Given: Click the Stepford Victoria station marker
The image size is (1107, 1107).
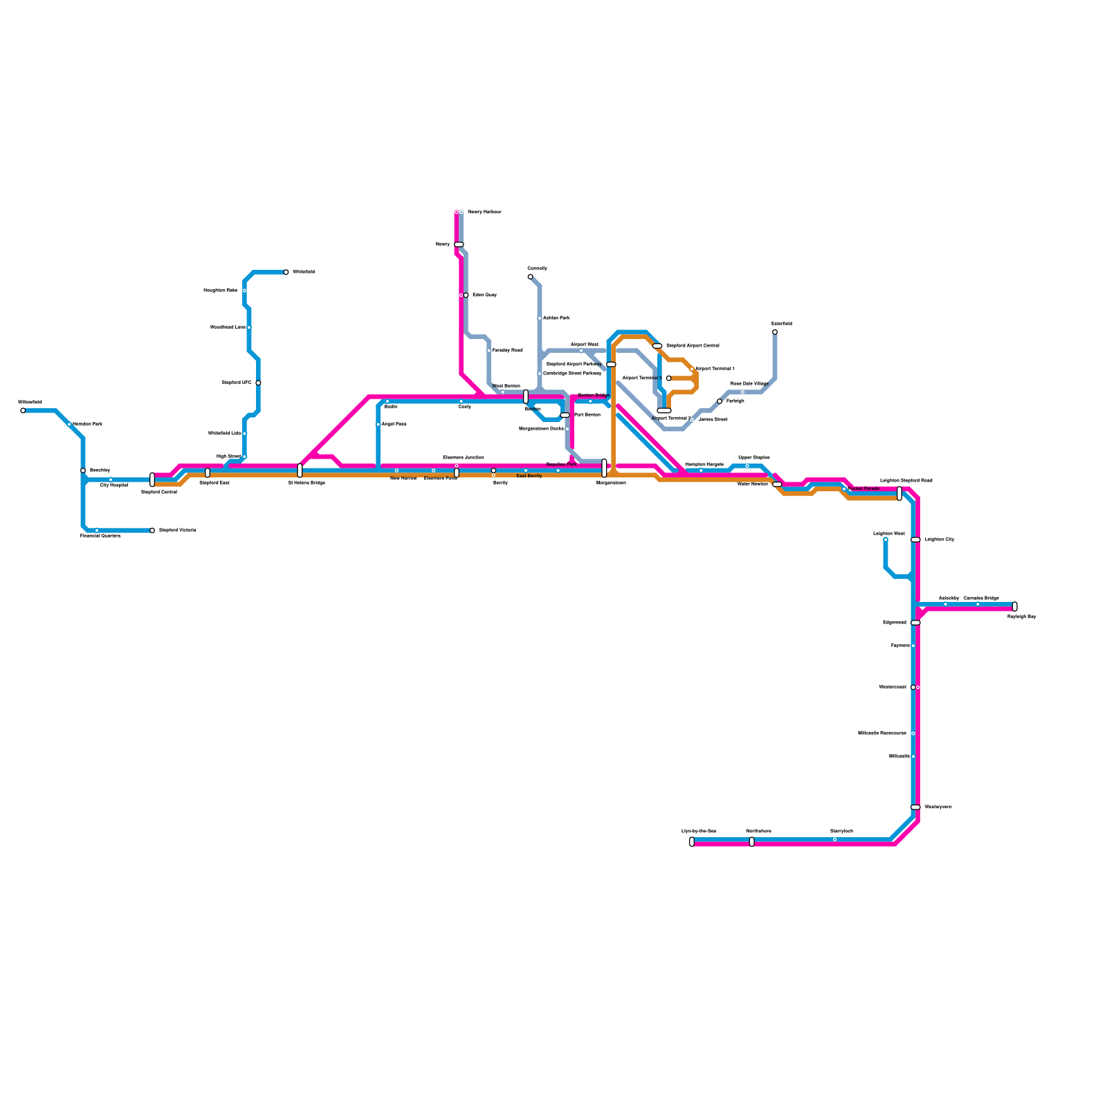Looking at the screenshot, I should pos(152,531).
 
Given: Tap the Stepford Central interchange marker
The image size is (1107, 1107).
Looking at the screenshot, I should pos(152,479).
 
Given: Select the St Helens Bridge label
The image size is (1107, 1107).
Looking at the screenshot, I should pos(307,483).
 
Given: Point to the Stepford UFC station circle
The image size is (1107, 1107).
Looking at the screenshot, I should pos(258,383).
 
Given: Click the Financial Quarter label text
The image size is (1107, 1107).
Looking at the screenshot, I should pos(100,536).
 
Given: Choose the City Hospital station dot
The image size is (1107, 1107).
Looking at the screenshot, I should pos(111,479).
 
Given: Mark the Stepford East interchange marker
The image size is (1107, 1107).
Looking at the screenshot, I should pos(208,473).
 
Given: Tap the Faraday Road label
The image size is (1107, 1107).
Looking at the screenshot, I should pos(507,351).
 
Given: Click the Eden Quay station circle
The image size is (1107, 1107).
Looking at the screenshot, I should pos(466,295).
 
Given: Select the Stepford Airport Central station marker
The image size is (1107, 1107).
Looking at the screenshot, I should pos(657,346).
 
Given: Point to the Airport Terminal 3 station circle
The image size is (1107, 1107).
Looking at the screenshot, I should pos(668,378).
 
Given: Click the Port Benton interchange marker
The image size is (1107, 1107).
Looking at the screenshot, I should pos(565,415).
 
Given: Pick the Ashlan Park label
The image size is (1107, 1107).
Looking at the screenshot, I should pos(556,318).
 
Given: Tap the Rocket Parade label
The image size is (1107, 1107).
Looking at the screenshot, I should pos(863,488).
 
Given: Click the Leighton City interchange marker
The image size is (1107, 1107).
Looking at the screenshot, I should pos(915,540).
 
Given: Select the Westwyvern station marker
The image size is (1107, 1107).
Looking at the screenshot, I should pos(915,807).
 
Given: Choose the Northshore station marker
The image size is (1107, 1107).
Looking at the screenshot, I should pos(752,841).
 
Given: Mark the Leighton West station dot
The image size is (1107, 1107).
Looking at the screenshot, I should pos(886,540).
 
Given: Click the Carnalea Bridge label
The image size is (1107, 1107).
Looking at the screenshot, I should pos(981,598).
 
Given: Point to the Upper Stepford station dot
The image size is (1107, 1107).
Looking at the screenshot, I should pos(747,466).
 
